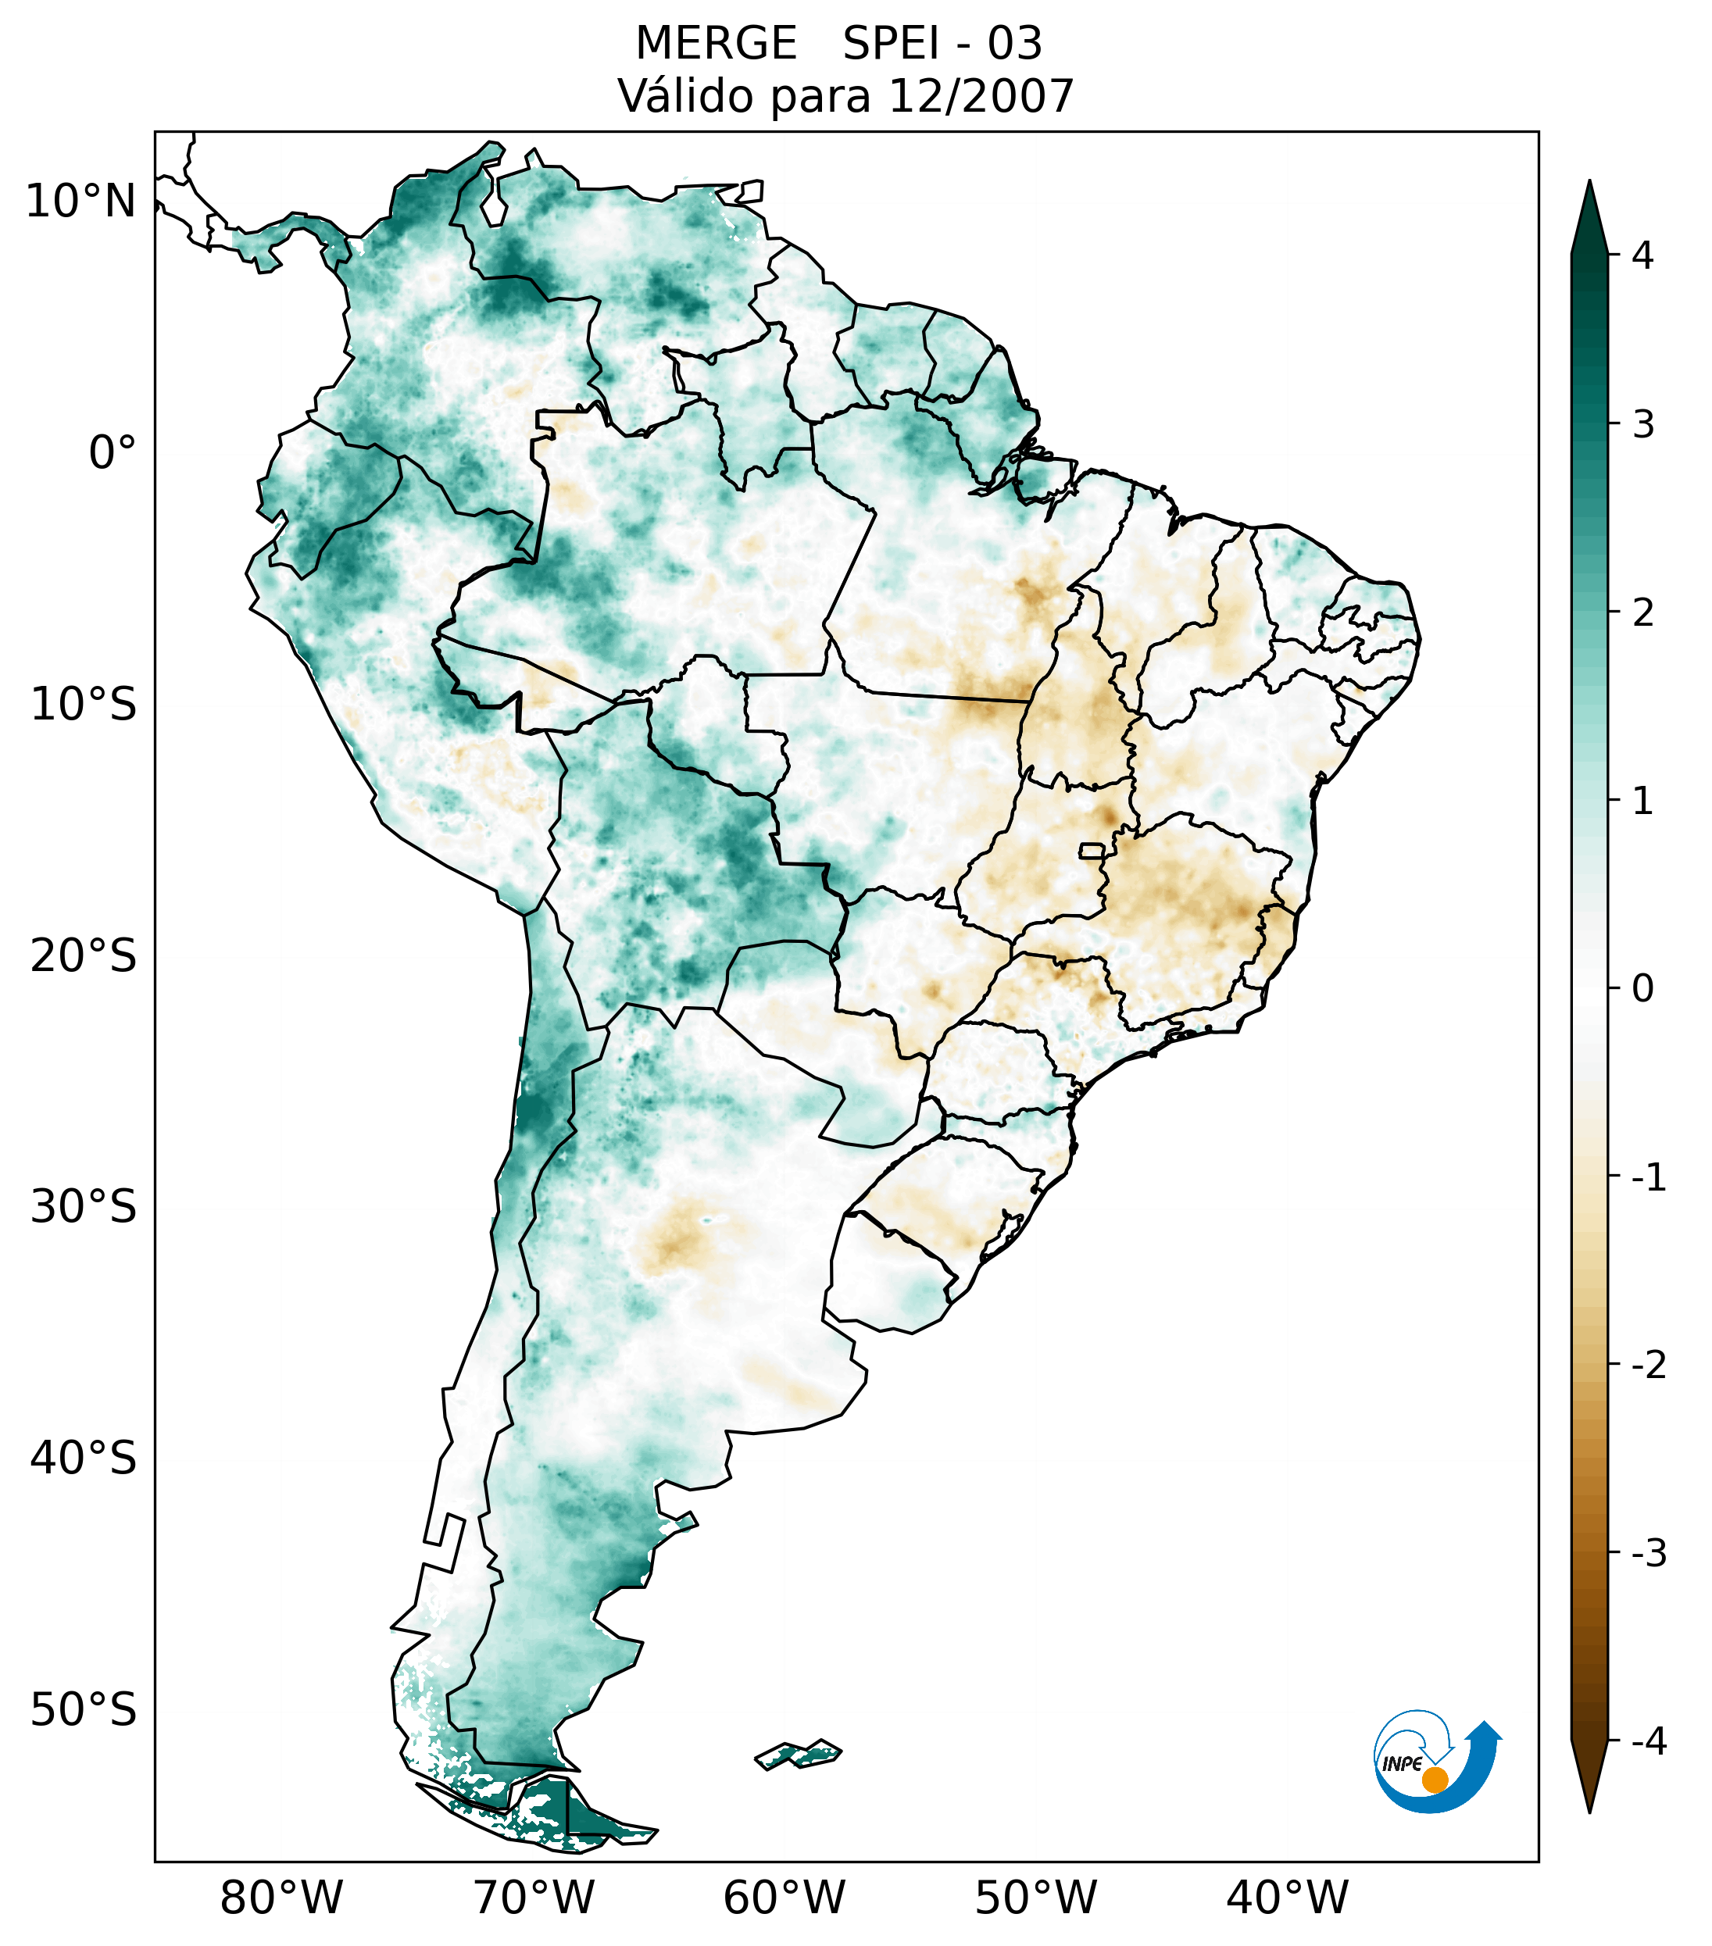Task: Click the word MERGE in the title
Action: coord(716,44)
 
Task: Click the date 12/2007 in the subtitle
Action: coord(980,96)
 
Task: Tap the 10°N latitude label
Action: coord(81,202)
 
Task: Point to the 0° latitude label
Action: coord(113,453)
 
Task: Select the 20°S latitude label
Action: coord(84,957)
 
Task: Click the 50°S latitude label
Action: coord(84,1711)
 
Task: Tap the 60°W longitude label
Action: coord(784,1898)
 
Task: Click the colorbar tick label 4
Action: coord(1642,255)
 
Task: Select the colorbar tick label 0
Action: coord(1642,989)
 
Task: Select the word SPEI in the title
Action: coord(890,44)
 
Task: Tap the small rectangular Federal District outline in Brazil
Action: coord(1092,850)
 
